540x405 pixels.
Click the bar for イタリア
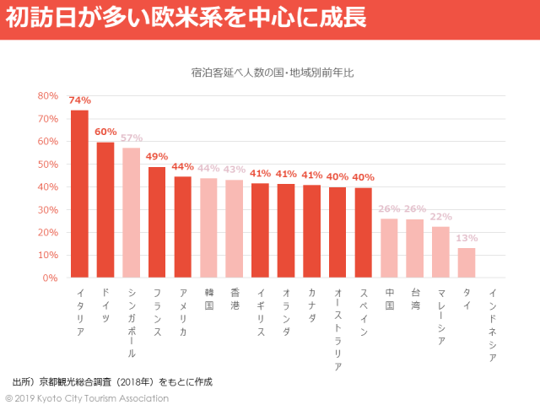point(79,194)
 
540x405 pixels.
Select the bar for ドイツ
point(105,209)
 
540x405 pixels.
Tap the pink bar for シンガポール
point(131,213)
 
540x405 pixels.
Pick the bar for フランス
point(157,222)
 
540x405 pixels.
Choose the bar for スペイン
point(363,232)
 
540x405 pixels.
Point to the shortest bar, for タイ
point(467,262)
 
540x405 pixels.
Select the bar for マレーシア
point(440,251)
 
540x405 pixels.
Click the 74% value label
point(80,100)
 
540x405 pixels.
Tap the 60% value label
point(105,132)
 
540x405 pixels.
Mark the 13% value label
point(467,238)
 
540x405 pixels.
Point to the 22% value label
point(440,216)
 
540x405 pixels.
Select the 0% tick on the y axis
point(51,278)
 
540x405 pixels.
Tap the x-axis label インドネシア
point(493,325)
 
